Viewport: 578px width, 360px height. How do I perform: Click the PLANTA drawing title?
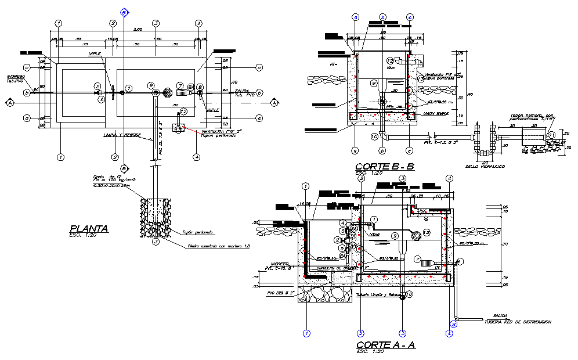tap(88, 229)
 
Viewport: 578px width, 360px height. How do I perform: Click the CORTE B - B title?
tap(385, 167)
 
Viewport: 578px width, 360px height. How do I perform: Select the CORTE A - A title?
tap(385, 345)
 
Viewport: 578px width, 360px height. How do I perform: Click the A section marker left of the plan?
tap(10, 103)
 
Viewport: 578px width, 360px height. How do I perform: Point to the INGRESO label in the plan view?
tap(16, 76)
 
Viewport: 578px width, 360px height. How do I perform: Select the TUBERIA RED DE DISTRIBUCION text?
tap(518, 321)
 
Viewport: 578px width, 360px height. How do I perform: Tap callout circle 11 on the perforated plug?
tap(552, 135)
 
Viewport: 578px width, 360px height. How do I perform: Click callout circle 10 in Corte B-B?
tap(374, 136)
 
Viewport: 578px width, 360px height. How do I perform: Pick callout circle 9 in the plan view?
tap(150, 85)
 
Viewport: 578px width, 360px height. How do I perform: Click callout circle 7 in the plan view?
tap(180, 85)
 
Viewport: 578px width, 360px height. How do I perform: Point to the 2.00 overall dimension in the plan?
tap(138, 30)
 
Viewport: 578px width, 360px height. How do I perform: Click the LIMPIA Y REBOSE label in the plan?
tap(122, 135)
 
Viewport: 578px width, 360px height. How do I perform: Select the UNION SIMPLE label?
tap(437, 114)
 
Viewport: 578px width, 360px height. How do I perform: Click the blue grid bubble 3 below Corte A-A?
tap(402, 333)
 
